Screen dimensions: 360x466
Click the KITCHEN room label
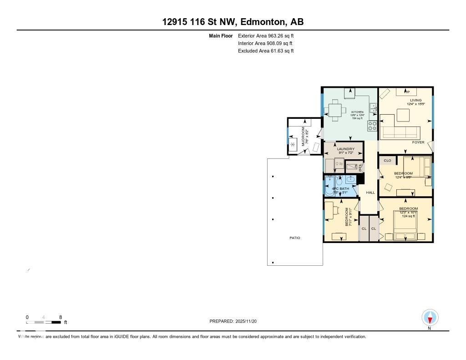click(357, 112)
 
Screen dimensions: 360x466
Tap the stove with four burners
click(372, 125)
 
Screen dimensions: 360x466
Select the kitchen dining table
click(335, 110)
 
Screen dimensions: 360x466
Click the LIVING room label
click(415, 100)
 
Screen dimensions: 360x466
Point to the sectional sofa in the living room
click(400, 132)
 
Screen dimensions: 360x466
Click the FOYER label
click(418, 142)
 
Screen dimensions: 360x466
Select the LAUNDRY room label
click(345, 149)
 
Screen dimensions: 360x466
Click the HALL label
click(370, 193)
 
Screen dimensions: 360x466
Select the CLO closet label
click(387, 161)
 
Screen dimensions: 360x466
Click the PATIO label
click(295, 238)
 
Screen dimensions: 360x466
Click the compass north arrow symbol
click(430, 318)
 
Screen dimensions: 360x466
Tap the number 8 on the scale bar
click(60, 317)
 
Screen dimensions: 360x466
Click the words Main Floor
click(221, 35)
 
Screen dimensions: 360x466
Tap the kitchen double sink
click(373, 108)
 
